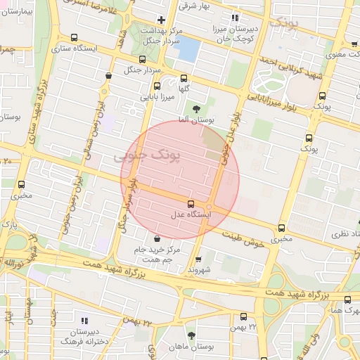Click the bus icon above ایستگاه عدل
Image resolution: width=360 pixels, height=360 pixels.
tap(192, 204)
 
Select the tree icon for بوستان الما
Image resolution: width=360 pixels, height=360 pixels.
tap(196, 109)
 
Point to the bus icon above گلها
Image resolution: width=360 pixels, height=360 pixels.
tap(184, 79)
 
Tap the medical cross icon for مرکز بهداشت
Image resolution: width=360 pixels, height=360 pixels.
tap(162, 20)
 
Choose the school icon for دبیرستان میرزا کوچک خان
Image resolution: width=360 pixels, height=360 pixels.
tap(235, 18)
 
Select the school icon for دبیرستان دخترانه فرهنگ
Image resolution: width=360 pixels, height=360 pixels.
tap(85, 321)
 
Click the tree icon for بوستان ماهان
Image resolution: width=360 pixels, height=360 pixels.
tap(192, 335)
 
